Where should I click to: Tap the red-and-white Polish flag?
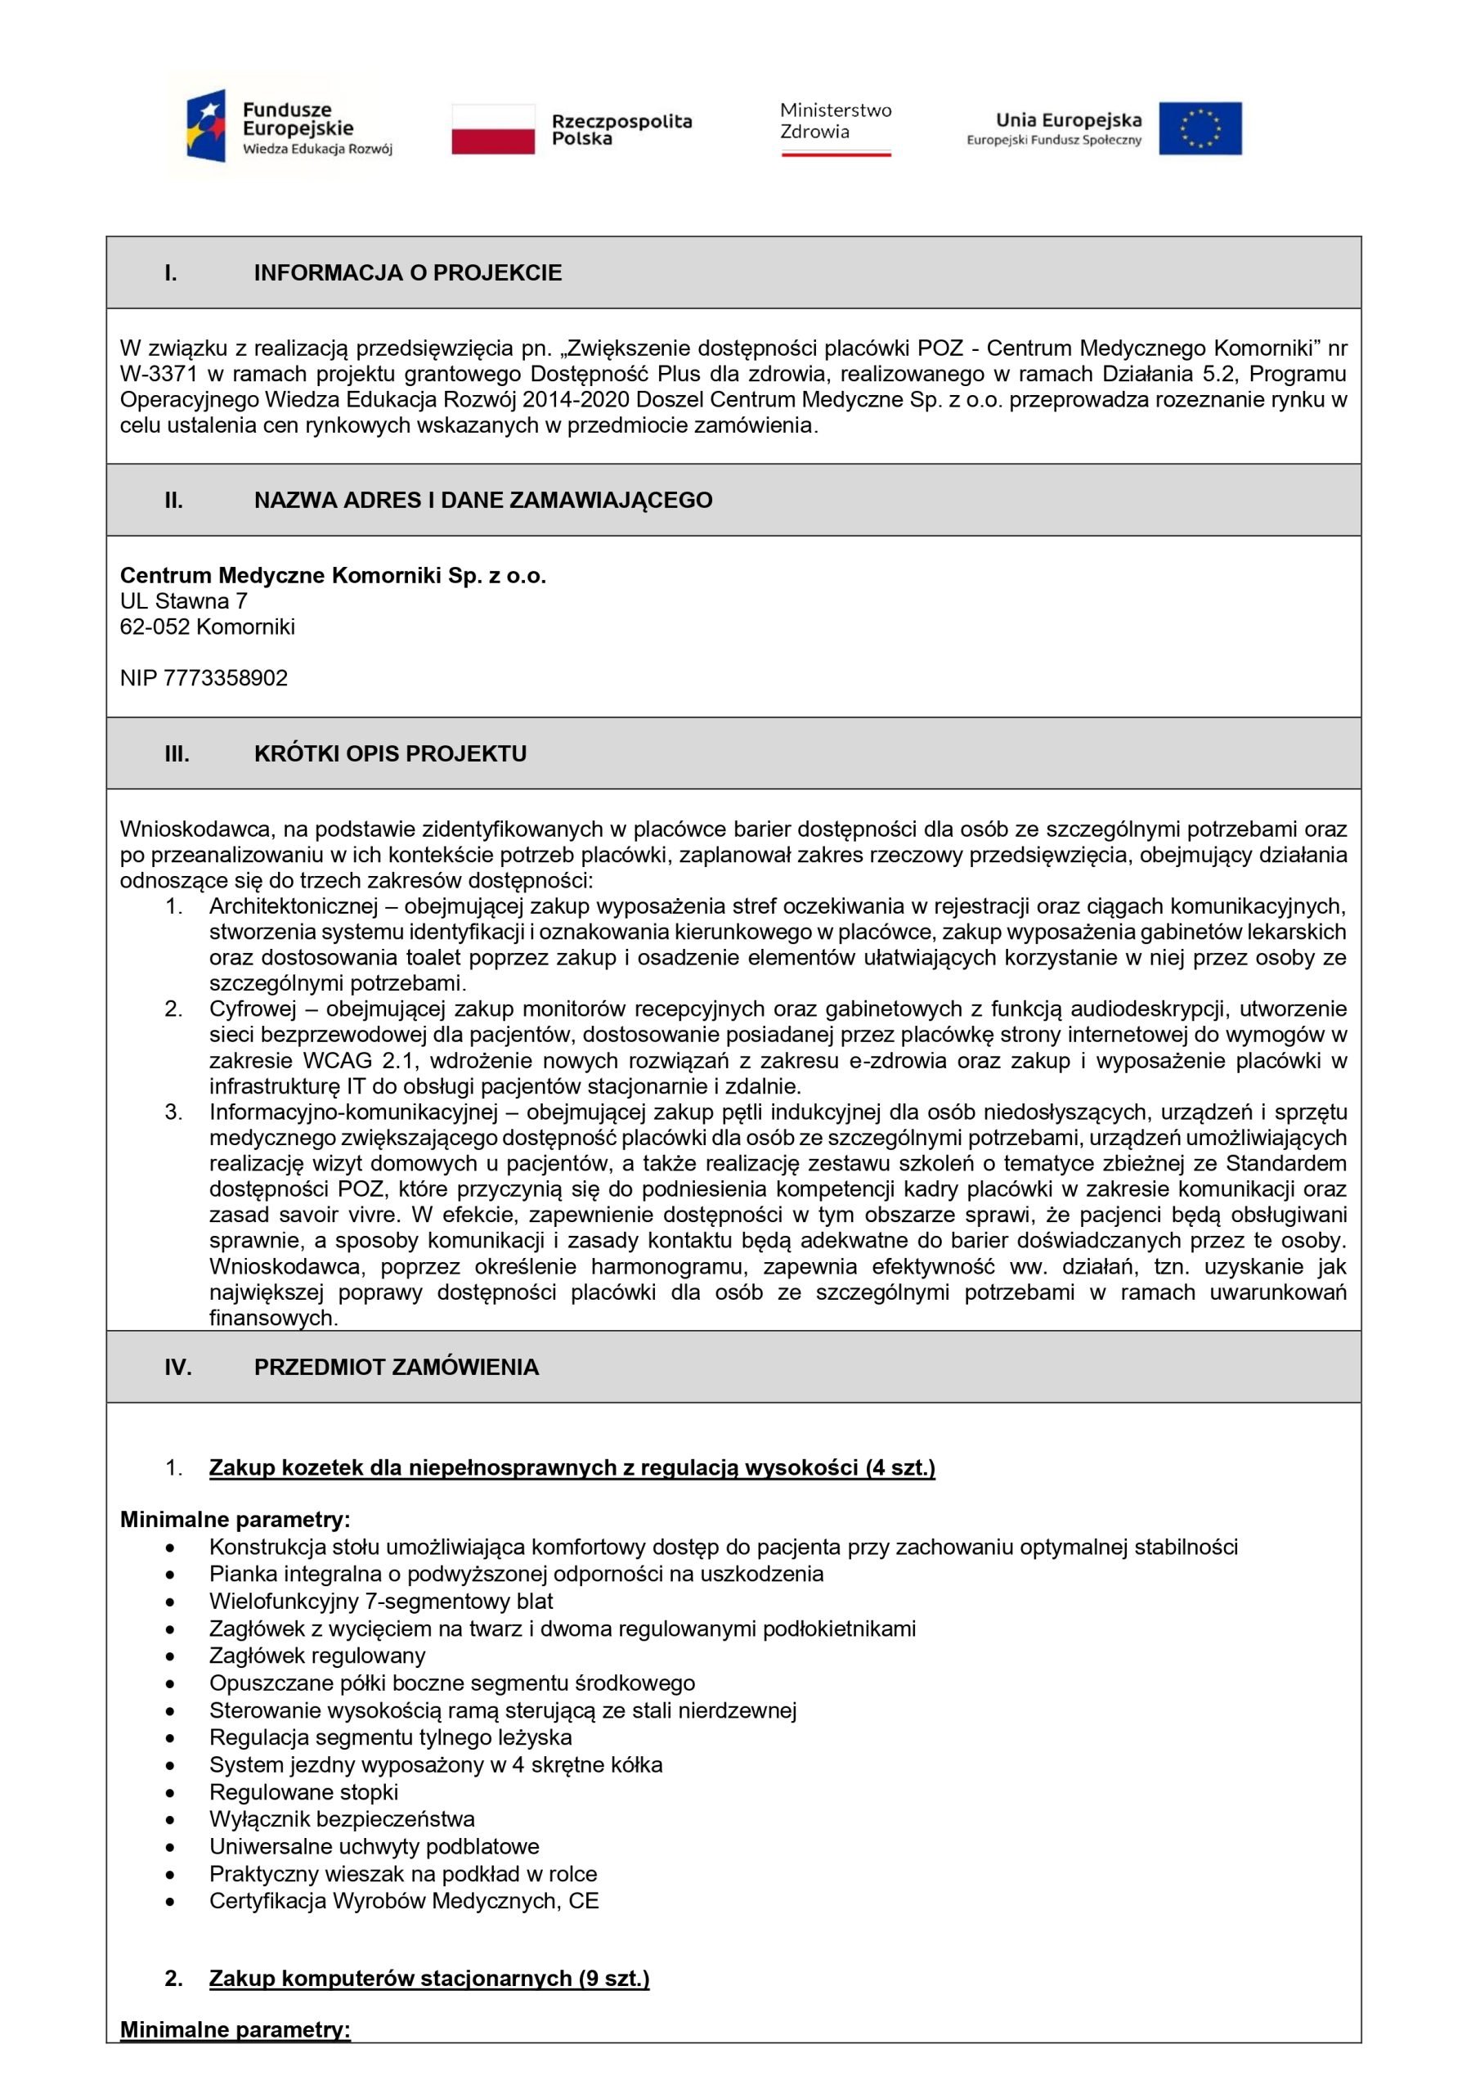pyautogui.click(x=492, y=128)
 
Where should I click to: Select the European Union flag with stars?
pyautogui.click(x=1200, y=128)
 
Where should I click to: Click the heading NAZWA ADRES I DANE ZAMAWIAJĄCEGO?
pyautogui.click(x=482, y=500)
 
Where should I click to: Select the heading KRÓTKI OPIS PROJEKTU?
pyautogui.click(x=389, y=753)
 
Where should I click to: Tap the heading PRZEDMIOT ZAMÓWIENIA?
pyautogui.click(x=396, y=1367)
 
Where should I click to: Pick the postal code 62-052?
pyautogui.click(x=155, y=627)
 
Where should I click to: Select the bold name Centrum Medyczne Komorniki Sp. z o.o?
pyautogui.click(x=333, y=576)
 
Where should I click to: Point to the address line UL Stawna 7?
pyautogui.click(x=183, y=601)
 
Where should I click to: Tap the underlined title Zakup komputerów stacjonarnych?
pyautogui.click(x=428, y=1978)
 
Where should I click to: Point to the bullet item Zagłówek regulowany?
pyautogui.click(x=316, y=1656)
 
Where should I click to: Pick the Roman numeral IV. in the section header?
pyautogui.click(x=177, y=1367)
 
